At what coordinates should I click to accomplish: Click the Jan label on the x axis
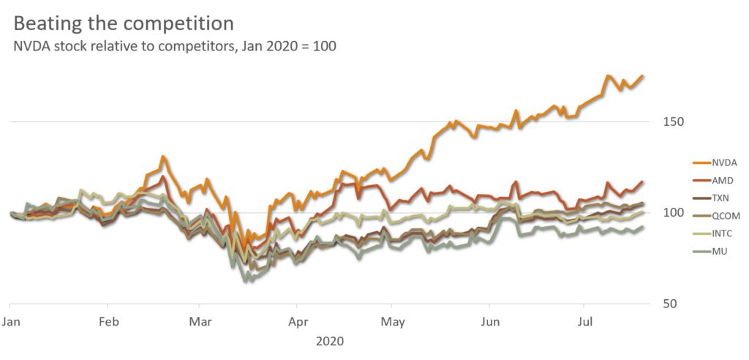click(10, 322)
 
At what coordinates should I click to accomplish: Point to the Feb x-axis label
click(108, 322)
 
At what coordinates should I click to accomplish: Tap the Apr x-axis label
click(296, 322)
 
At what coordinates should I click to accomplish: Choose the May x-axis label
click(393, 322)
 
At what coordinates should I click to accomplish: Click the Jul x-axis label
click(584, 322)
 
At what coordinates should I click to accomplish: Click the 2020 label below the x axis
click(329, 341)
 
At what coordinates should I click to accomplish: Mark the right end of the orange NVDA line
click(643, 75)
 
